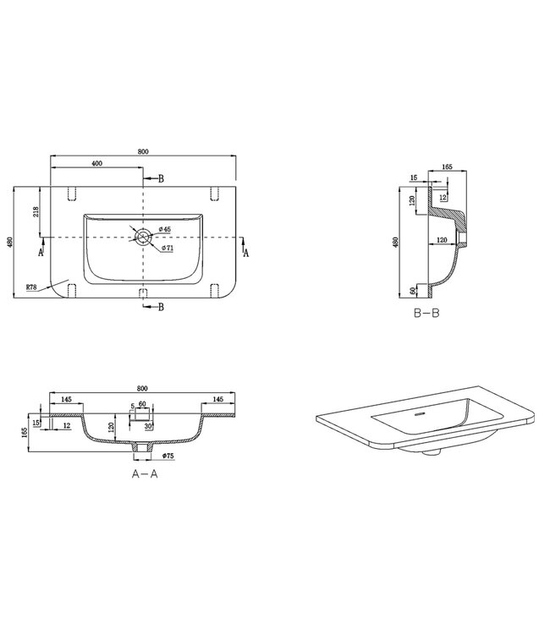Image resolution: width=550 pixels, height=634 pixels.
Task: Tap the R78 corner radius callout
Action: click(x=30, y=287)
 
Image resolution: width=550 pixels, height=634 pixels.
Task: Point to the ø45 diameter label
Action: click(x=165, y=230)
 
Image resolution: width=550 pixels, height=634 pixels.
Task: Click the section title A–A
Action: click(x=145, y=474)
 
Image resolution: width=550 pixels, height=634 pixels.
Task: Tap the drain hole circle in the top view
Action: click(x=144, y=238)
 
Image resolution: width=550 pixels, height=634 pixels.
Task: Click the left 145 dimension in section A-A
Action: click(x=65, y=399)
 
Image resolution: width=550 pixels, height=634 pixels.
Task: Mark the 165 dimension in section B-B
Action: click(x=446, y=167)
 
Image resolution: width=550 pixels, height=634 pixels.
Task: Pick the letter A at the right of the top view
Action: click(x=246, y=252)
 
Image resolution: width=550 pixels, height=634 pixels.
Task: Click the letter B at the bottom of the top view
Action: click(x=160, y=306)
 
